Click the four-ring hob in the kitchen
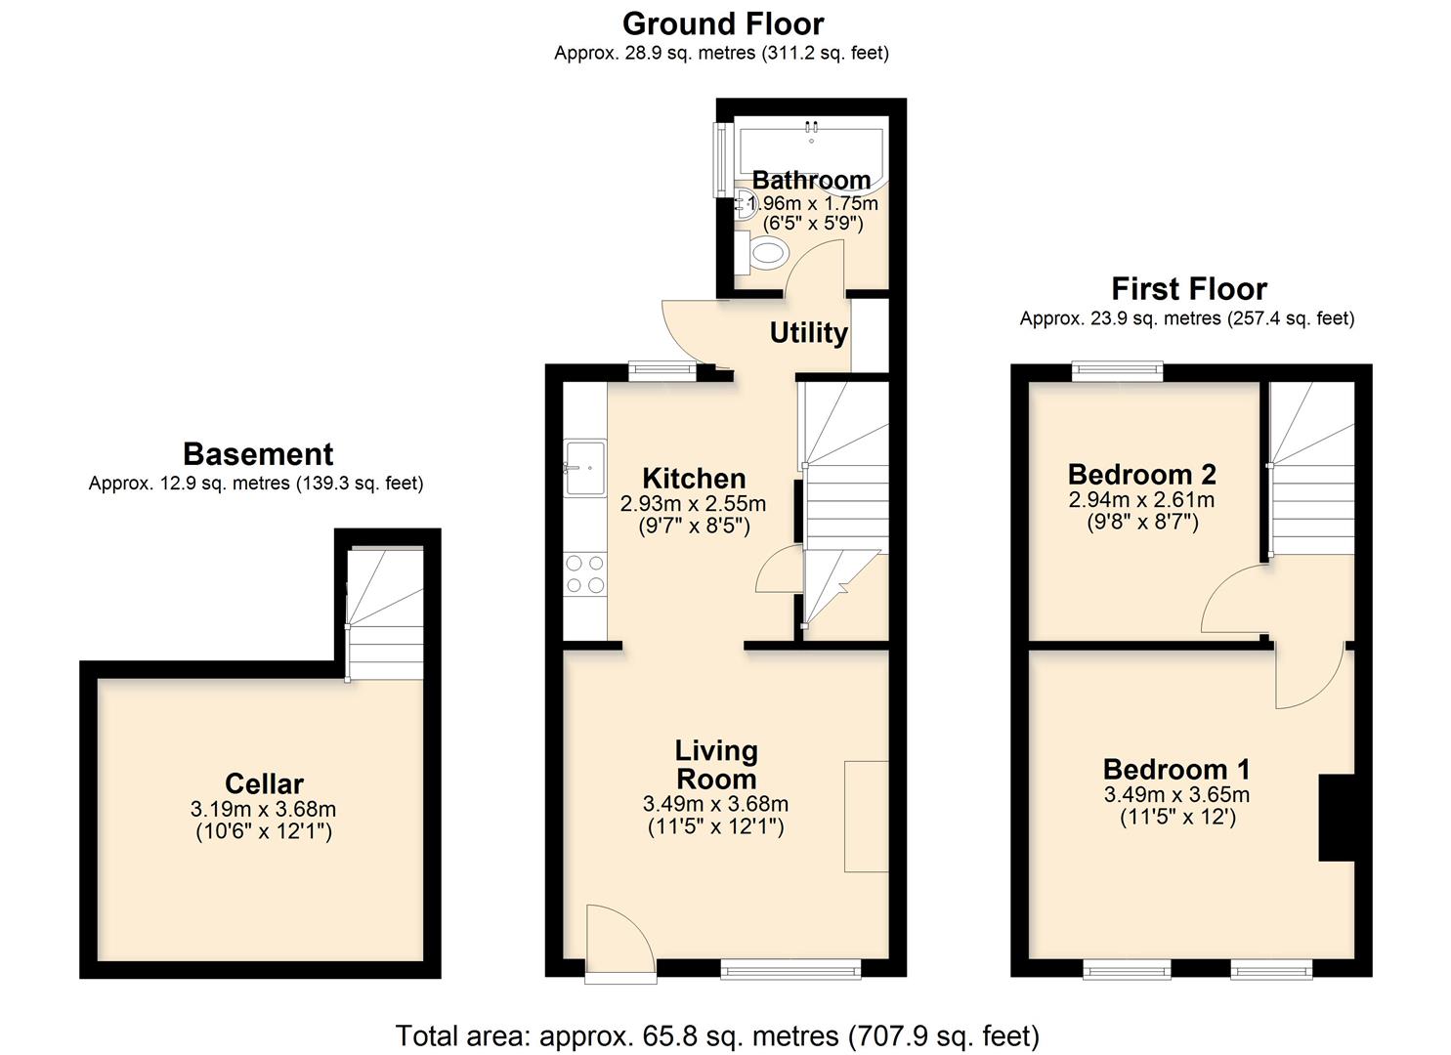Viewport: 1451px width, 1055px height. click(585, 573)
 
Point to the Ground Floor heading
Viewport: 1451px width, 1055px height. click(723, 23)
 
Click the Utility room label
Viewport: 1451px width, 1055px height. click(808, 333)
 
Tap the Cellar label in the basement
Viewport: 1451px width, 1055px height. click(264, 783)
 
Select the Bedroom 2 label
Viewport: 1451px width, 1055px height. click(1141, 475)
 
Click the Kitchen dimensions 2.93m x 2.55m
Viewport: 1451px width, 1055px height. click(693, 505)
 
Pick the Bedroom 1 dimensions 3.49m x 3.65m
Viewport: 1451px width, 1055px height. click(1176, 795)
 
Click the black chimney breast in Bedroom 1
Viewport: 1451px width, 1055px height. click(1336, 818)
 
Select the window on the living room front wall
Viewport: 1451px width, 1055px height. click(790, 968)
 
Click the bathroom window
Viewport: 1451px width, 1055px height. click(721, 156)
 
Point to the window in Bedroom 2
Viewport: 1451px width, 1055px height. click(1117, 371)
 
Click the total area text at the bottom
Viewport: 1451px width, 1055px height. click(717, 1035)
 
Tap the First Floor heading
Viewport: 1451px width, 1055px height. click(1188, 289)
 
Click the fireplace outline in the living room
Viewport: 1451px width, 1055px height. click(866, 816)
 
